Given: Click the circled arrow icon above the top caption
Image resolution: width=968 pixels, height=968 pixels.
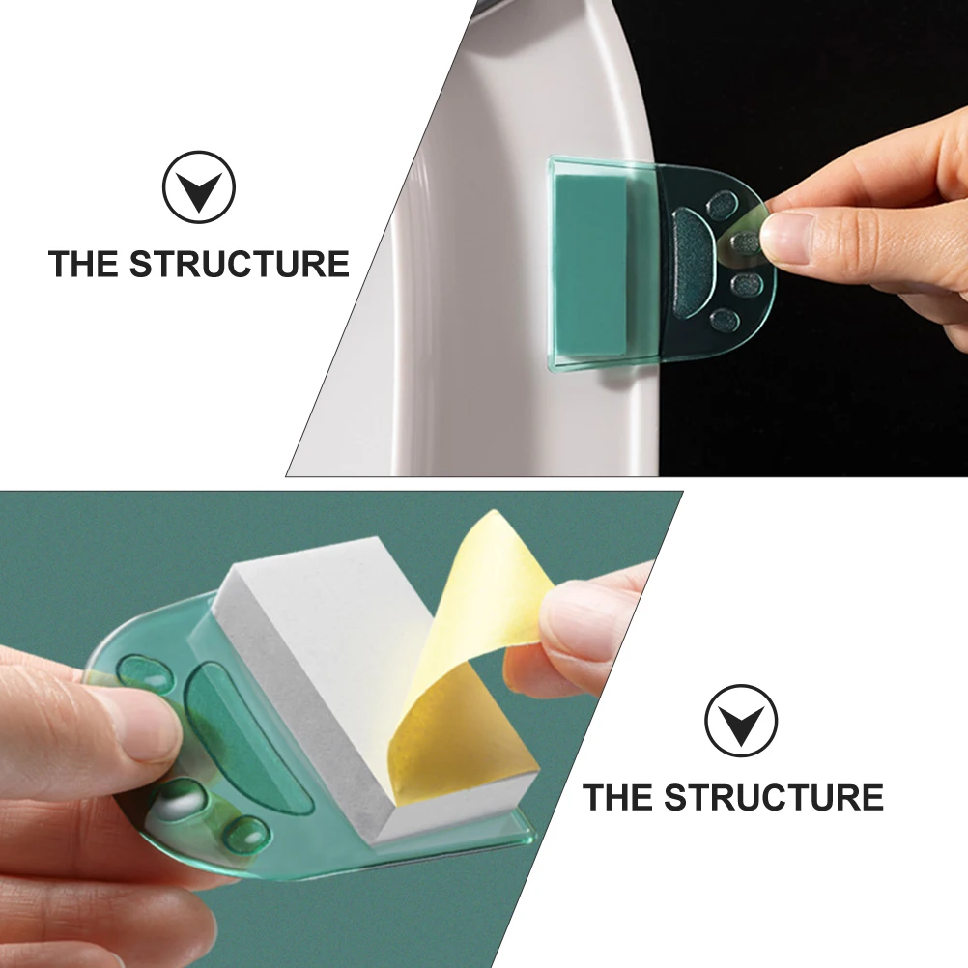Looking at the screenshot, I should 199,187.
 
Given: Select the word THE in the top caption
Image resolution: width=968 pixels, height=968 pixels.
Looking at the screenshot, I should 84,264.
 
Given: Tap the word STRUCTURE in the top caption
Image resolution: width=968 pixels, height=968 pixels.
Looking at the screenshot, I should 240,264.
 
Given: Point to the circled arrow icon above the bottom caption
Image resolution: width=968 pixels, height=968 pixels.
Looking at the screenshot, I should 740,721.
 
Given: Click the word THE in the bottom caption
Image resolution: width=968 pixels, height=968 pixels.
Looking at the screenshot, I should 618,798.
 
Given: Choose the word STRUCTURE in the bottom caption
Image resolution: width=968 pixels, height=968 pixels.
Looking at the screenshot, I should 774,798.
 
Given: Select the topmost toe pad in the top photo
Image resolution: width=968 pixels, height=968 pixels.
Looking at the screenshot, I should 722,204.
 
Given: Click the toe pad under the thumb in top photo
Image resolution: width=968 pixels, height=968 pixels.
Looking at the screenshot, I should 746,242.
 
